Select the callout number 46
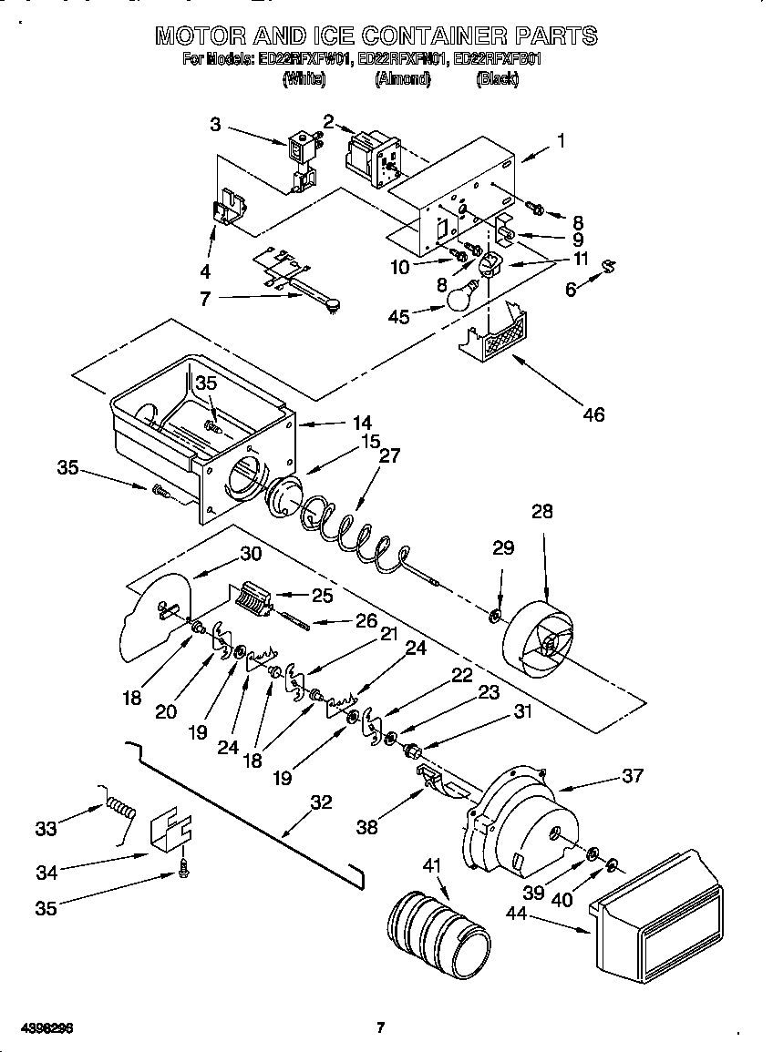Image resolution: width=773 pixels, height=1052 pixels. (593, 414)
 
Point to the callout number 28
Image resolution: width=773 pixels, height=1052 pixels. (542, 512)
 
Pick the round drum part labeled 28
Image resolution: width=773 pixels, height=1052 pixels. (541, 641)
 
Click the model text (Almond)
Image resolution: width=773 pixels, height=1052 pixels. (401, 79)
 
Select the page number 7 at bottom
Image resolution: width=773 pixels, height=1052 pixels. (381, 1028)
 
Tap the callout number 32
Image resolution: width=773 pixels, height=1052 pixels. (321, 803)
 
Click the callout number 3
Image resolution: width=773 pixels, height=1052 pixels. (215, 125)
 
